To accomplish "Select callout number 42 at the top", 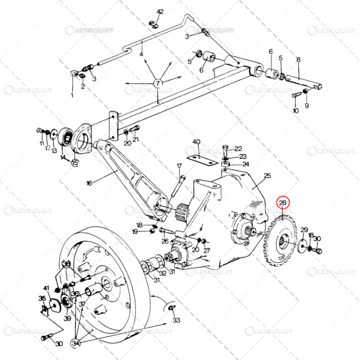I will [x=160, y=11].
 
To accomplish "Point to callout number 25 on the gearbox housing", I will [x=267, y=176].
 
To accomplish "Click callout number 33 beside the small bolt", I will [x=176, y=320].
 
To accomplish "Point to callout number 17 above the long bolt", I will [x=179, y=166].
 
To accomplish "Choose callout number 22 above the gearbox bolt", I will [x=238, y=149].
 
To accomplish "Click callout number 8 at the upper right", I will [x=298, y=60].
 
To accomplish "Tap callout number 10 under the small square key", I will [x=296, y=111].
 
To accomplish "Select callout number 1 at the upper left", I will [x=72, y=95].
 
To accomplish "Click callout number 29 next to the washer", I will [x=304, y=230].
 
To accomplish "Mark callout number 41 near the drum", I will [x=46, y=288].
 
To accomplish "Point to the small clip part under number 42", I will [x=153, y=23].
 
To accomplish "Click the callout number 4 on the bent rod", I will [x=141, y=54].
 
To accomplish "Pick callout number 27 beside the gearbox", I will [x=207, y=250].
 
